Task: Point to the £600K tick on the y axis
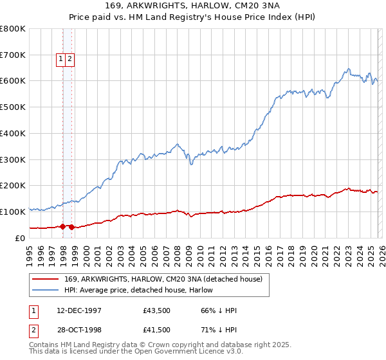pyautogui.click(x=13, y=81)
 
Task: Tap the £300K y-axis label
pyautogui.click(x=13, y=159)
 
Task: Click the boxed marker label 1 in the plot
pyautogui.click(x=61, y=59)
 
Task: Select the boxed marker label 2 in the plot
pyautogui.click(x=69, y=59)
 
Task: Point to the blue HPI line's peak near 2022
pyautogui.click(x=348, y=69)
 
